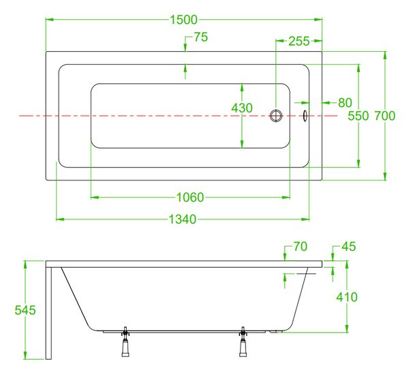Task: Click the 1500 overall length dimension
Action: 183,20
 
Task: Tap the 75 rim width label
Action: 201,37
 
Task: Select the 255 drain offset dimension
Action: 299,41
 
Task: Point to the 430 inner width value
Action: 242,108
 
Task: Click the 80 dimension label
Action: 345,103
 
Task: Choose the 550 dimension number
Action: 358,116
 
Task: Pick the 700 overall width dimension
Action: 384,116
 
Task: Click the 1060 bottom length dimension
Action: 190,198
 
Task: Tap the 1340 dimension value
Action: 182,219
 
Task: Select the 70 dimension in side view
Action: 300,247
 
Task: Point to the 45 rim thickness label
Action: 348,247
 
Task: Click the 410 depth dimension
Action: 347,297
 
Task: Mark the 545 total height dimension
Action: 25,310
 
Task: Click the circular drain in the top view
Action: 276,116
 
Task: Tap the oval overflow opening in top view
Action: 305,116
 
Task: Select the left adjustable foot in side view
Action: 125,341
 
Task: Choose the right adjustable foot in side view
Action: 243,341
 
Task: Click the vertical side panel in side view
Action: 48,313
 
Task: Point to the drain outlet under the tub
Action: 276,331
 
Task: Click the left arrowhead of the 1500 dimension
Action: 50,20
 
